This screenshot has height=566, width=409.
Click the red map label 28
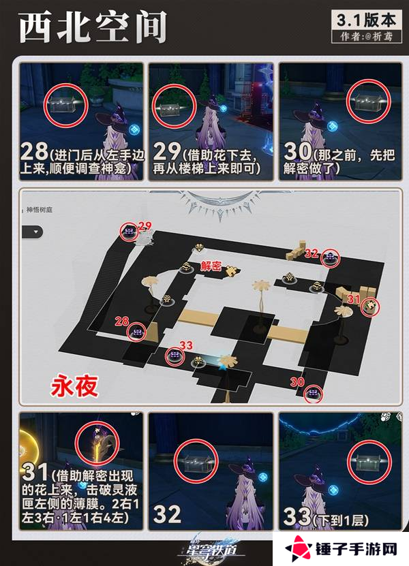122,321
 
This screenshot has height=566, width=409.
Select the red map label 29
144,225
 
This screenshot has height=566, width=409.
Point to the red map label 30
297,383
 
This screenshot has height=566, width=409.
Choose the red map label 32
312,253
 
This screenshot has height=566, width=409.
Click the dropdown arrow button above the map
32,231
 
